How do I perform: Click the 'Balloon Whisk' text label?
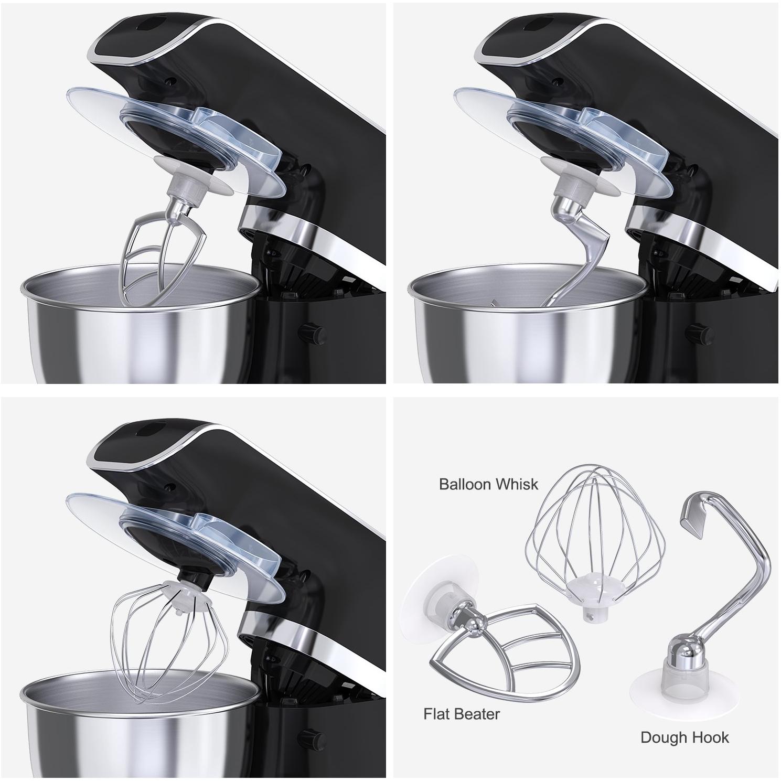[488, 484]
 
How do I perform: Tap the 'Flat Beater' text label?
[462, 713]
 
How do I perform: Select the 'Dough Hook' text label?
[684, 737]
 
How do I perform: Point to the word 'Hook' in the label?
[711, 737]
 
